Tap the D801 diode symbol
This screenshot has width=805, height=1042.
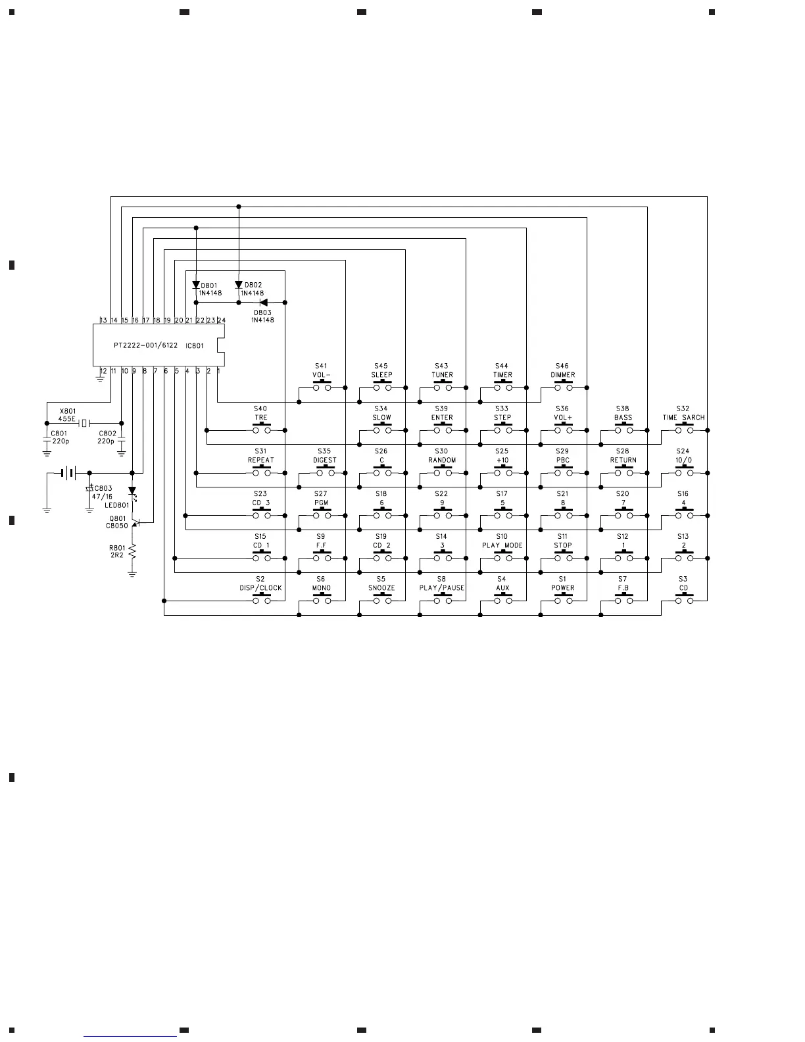pyautogui.click(x=196, y=285)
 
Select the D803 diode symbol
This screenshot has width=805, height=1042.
pyautogui.click(x=264, y=303)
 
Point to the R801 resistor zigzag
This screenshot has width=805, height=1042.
pyautogui.click(x=132, y=551)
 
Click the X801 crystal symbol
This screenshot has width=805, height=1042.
pyautogui.click(x=84, y=423)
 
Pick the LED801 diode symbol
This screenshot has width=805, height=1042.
pyautogui.click(x=132, y=491)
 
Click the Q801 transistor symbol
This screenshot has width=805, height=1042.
pyautogui.click(x=135, y=522)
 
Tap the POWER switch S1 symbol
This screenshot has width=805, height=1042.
pyautogui.click(x=563, y=600)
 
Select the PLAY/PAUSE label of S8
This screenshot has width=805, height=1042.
pyautogui.click(x=442, y=588)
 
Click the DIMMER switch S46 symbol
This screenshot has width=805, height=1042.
pyautogui.click(x=563, y=387)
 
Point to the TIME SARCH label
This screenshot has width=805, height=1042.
pyautogui.click(x=683, y=418)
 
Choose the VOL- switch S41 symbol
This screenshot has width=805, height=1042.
pyautogui.click(x=321, y=387)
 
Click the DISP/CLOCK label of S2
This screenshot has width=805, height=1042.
pyautogui.click(x=260, y=588)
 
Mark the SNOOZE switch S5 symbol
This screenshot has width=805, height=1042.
pyautogui.click(x=381, y=600)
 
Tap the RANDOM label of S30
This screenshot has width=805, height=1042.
pyautogui.click(x=442, y=460)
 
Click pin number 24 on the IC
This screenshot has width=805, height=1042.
pyautogui.click(x=222, y=320)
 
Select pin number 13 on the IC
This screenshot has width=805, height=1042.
pyautogui.click(x=103, y=320)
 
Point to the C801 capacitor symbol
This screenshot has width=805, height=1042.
pyautogui.click(x=47, y=441)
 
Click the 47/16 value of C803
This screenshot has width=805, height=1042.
pyautogui.click(x=102, y=497)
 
